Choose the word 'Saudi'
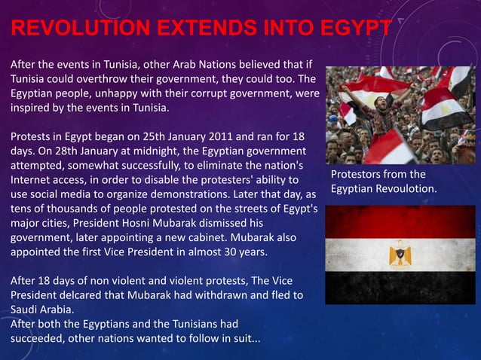click(x=25, y=309)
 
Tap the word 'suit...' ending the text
click(x=243, y=337)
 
